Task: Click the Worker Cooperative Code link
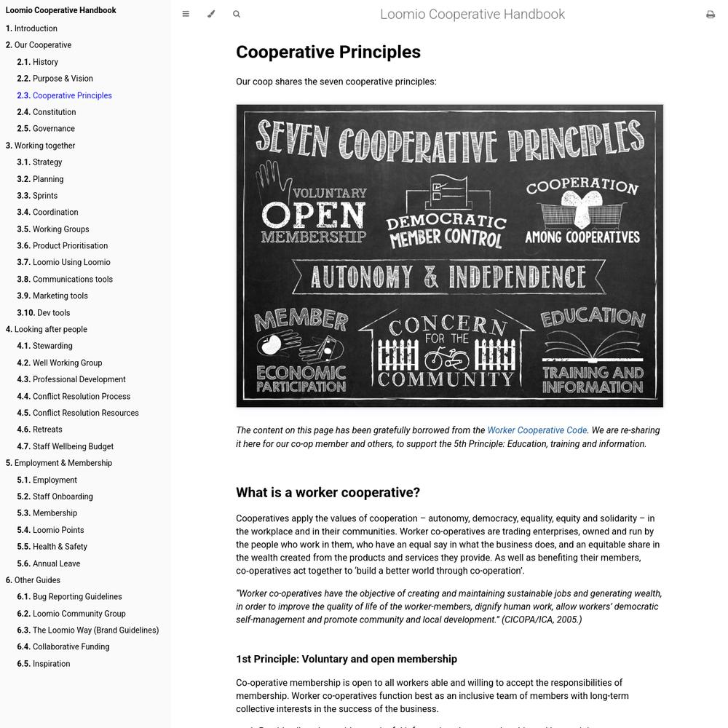(x=537, y=430)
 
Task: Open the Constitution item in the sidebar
(x=54, y=112)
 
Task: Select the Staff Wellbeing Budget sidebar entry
(x=73, y=446)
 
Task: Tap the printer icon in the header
(x=711, y=15)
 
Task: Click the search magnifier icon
(x=237, y=14)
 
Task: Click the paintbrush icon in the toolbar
(x=211, y=14)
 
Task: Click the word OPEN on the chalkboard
(x=313, y=215)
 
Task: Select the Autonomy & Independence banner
(x=448, y=277)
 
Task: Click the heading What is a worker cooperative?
(x=328, y=493)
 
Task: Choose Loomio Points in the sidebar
(x=58, y=530)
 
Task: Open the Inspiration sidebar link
(x=51, y=664)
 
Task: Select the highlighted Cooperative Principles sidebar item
(x=72, y=95)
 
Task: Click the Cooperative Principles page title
(x=328, y=52)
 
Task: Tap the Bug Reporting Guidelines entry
(x=77, y=597)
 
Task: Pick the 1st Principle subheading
(x=347, y=660)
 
